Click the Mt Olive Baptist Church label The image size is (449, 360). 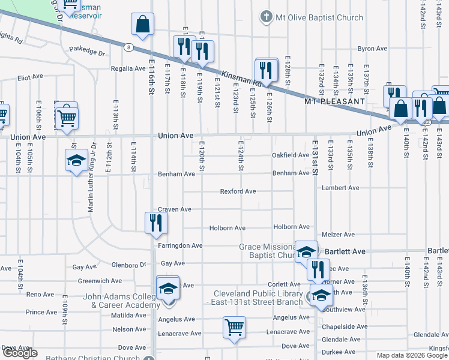pos(319,17)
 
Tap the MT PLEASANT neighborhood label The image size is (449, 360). pos(334,101)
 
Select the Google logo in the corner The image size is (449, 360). pos(20,353)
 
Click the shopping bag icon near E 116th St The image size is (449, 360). pos(143,25)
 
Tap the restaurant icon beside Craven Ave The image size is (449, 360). pos(156,223)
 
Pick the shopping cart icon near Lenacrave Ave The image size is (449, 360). pos(234,328)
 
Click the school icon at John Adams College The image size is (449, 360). pos(168,288)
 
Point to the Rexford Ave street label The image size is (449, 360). pos(238,191)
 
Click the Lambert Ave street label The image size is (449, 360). pos(340,188)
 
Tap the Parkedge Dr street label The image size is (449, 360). pos(87,52)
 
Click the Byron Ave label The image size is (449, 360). pos(373,49)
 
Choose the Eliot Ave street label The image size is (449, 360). pos(31,77)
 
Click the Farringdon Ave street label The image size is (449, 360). pos(180,245)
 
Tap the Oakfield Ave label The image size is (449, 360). pos(291,155)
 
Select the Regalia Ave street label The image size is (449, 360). pos(128,69)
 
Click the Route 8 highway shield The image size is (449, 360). pos(128,46)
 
